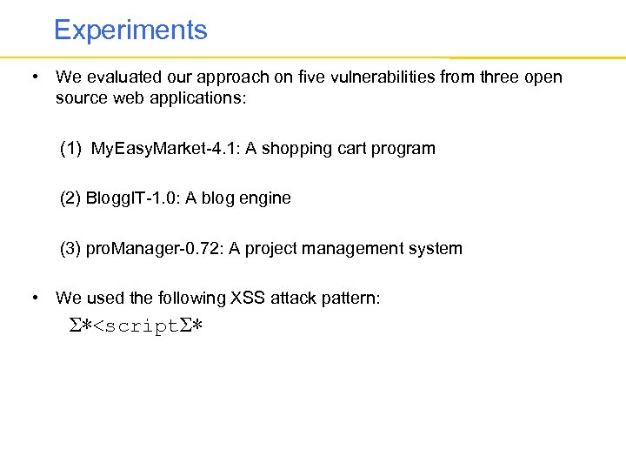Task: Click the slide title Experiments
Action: [130, 30]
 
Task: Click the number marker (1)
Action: [71, 148]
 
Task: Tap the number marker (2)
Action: [71, 198]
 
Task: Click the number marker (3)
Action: [71, 249]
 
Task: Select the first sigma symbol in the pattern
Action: [76, 327]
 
